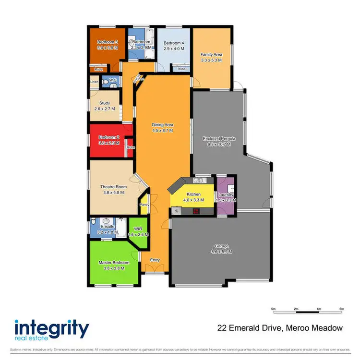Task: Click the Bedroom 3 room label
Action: tap(104, 42)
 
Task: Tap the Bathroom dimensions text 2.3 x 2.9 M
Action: tap(142, 48)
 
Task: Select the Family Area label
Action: tap(211, 55)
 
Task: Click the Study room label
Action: tap(105, 103)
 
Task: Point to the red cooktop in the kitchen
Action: tap(196, 210)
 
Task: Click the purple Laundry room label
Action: tap(225, 194)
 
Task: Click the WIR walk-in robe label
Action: tap(138, 229)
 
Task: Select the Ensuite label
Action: tap(107, 227)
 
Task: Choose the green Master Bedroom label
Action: tap(114, 263)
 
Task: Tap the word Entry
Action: tap(155, 260)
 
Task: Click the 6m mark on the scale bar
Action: tap(341, 309)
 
